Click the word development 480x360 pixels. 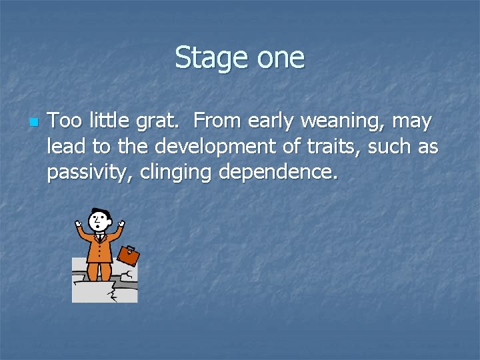[159, 147]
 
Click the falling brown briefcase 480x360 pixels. [128, 255]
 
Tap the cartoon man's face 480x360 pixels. [99, 221]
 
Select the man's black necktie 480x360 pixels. [100, 238]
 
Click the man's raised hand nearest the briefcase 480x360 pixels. [121, 223]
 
